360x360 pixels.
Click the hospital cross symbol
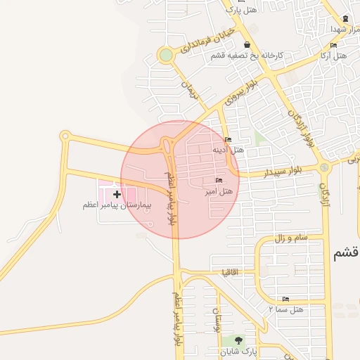click(x=117, y=193)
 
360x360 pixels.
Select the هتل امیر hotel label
click(x=219, y=191)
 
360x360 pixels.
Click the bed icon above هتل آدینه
click(x=227, y=139)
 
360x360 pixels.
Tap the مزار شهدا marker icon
click(x=345, y=18)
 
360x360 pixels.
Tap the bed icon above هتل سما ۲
click(x=285, y=300)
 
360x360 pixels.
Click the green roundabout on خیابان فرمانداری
click(x=165, y=55)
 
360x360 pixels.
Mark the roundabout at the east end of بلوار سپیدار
click(x=324, y=167)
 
